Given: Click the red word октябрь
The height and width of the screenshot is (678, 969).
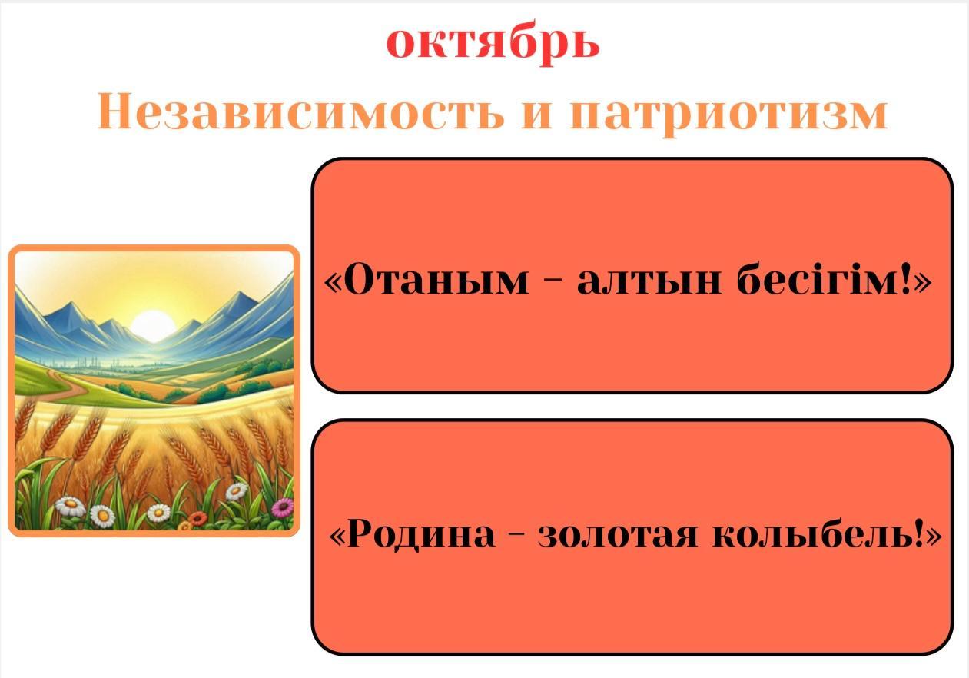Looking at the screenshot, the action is [x=493, y=43].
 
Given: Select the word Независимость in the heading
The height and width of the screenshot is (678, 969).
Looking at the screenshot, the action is [x=300, y=112].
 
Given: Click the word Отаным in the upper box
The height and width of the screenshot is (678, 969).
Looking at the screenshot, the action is [x=436, y=280].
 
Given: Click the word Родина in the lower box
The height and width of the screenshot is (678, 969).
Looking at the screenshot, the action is [x=420, y=534].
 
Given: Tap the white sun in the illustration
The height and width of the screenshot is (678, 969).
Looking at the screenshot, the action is [x=153, y=325].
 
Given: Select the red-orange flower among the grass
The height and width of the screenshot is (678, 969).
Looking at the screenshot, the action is [x=198, y=518].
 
